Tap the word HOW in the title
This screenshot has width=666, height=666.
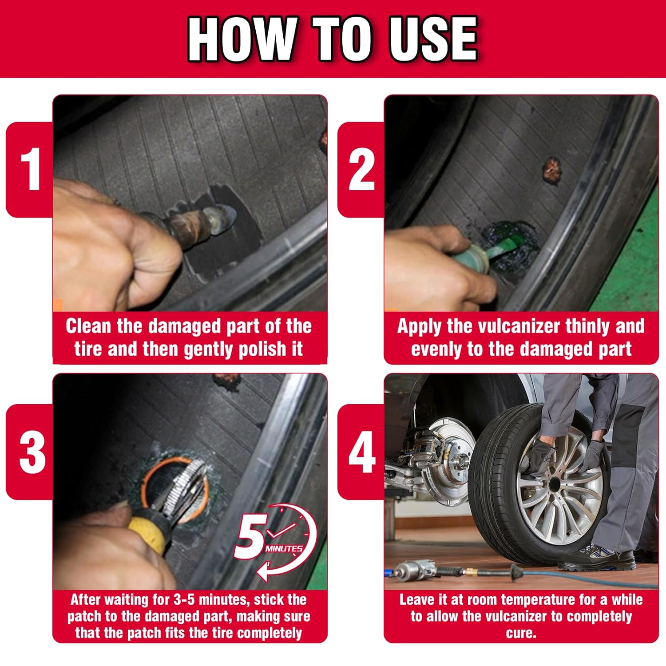(x=242, y=39)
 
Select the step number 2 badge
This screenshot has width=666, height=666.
(x=361, y=170)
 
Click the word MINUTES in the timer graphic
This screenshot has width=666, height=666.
(x=284, y=549)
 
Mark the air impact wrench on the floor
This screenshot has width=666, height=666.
(x=415, y=570)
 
